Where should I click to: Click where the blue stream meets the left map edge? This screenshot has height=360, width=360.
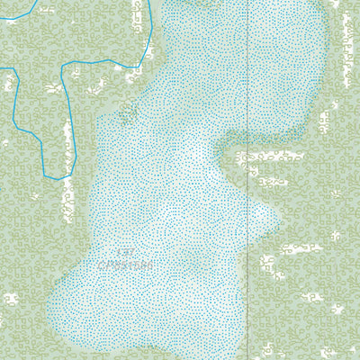(x=1, y=69)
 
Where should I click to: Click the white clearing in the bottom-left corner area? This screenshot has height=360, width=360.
(x=11, y=298)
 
